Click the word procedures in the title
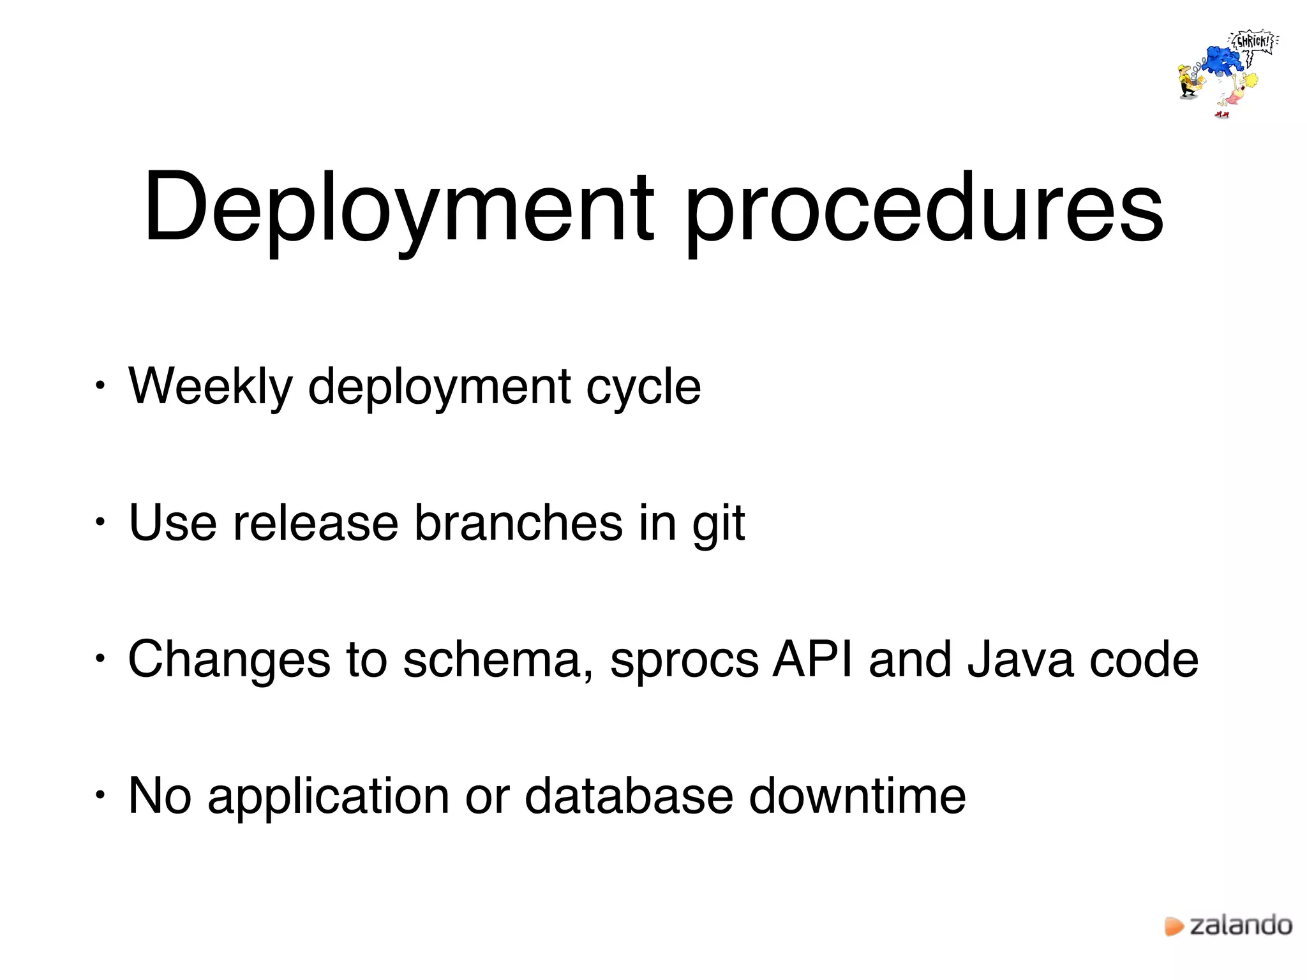coord(923,207)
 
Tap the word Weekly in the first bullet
coord(211,387)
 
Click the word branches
coord(518,523)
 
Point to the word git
coord(719,523)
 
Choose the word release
coord(315,523)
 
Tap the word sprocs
coord(684,660)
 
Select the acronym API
coord(812,660)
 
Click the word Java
coord(1020,660)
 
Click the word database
coord(629,796)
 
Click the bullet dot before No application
coord(99,795)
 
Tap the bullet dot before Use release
coord(99,522)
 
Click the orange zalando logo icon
coord(1174,926)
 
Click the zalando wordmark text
coord(1241,925)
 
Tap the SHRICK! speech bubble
coord(1253,42)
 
